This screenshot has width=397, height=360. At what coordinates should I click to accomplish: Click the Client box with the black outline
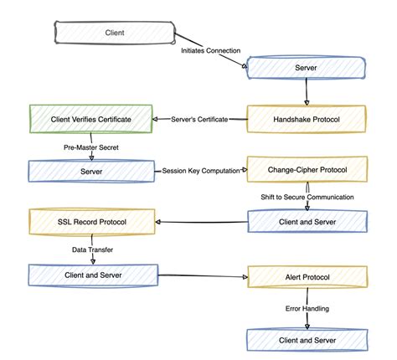114,33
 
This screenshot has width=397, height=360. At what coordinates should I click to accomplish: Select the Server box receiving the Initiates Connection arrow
305,66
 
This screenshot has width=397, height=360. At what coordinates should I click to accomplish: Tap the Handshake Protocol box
306,118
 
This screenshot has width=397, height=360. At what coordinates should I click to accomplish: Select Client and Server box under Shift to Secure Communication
306,221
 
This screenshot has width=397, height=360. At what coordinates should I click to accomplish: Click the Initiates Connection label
213,50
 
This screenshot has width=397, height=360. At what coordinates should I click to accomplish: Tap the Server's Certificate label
199,119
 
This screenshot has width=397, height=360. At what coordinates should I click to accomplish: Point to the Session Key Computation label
199,170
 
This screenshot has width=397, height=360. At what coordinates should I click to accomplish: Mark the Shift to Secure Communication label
306,197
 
